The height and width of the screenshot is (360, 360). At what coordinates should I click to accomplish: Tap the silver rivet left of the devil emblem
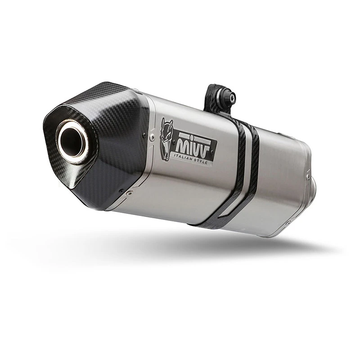pos(152,138)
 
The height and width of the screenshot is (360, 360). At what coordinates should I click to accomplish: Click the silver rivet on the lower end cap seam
pos(130,193)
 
